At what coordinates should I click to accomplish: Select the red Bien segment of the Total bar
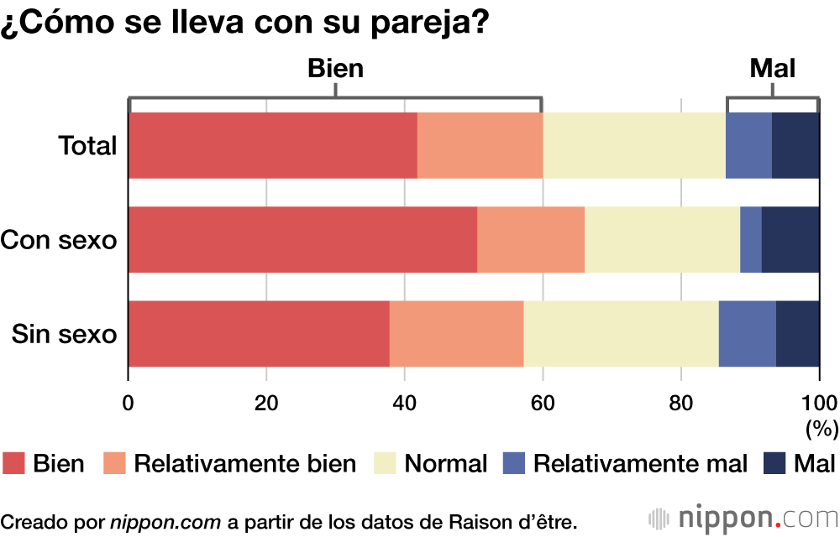[272, 145]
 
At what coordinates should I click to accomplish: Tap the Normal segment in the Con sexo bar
[662, 239]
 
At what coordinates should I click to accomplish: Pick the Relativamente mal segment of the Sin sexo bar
[747, 334]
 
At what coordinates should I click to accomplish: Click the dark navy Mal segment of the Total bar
[795, 145]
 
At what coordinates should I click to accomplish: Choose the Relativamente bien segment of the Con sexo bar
[530, 239]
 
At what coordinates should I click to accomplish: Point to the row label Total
[87, 146]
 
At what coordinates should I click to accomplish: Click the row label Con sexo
[59, 240]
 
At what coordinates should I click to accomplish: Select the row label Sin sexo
[64, 334]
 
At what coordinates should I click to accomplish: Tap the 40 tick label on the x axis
[405, 400]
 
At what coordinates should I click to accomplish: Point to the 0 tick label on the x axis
[129, 400]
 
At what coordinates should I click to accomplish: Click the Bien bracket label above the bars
[336, 69]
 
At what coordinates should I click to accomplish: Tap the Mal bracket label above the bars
[772, 69]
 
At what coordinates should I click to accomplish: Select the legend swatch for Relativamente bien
[114, 463]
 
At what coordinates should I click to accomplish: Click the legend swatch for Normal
[386, 463]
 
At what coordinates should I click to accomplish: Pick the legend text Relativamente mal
[640, 463]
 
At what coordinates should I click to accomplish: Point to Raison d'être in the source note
[512, 521]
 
